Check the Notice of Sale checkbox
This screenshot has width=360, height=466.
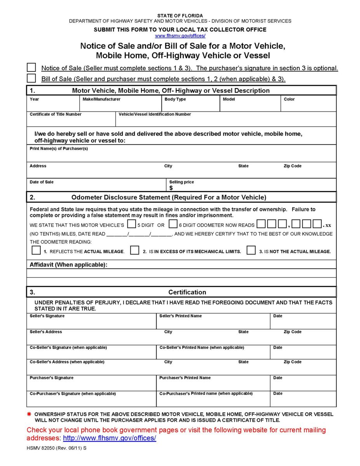coord(31,68)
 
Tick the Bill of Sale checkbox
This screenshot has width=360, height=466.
coord(31,78)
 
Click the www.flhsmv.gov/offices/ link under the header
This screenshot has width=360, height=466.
coord(180,36)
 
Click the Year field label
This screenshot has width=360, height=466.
coord(34,99)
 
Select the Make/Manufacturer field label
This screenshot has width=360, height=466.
coord(101,99)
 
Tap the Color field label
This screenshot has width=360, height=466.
coord(289,99)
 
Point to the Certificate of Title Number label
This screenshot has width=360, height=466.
coord(56,115)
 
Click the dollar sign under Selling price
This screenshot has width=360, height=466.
coord(171,188)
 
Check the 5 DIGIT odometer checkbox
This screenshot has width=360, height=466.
coord(132,224)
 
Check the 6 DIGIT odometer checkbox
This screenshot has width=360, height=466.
coord(173,224)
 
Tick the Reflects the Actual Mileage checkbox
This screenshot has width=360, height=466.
coord(36,250)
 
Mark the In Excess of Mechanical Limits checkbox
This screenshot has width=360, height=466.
coord(134,250)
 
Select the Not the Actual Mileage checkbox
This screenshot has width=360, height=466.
coord(251,250)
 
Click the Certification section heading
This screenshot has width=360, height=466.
coord(187,292)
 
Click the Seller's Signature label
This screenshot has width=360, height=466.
coord(47,316)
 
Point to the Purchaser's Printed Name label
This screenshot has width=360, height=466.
coord(185,378)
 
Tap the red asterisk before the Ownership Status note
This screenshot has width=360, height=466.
coord(29,414)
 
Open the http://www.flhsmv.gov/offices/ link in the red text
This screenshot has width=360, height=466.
coord(110,438)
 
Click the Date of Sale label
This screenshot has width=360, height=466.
coord(42,182)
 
